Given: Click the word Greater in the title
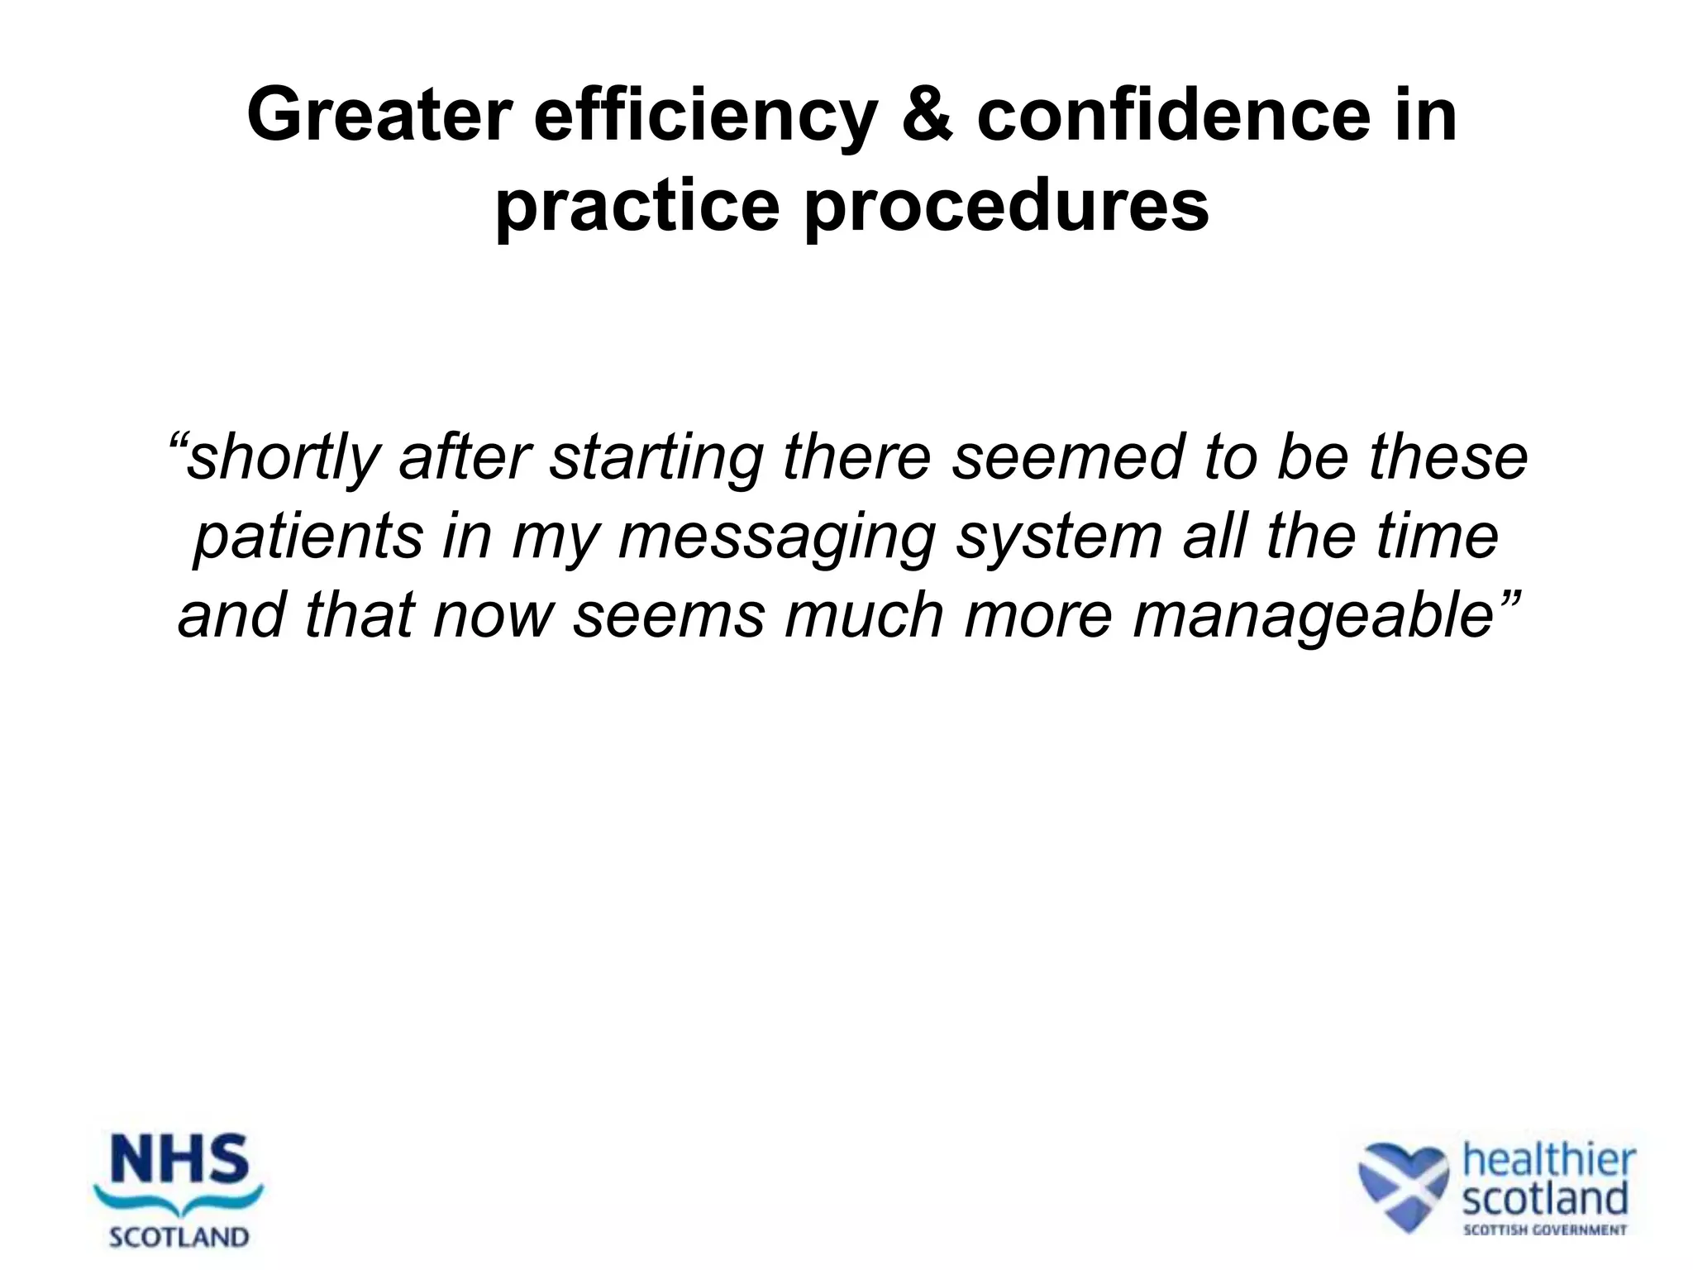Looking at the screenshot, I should click(x=379, y=117).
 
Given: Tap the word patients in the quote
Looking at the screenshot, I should click(x=308, y=537).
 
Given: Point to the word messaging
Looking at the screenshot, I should click(x=776, y=537).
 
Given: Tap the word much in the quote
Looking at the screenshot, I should click(x=863, y=616).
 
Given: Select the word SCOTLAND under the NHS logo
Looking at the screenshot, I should click(x=179, y=1237).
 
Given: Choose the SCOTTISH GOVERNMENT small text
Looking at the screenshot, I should click(x=1545, y=1230).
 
